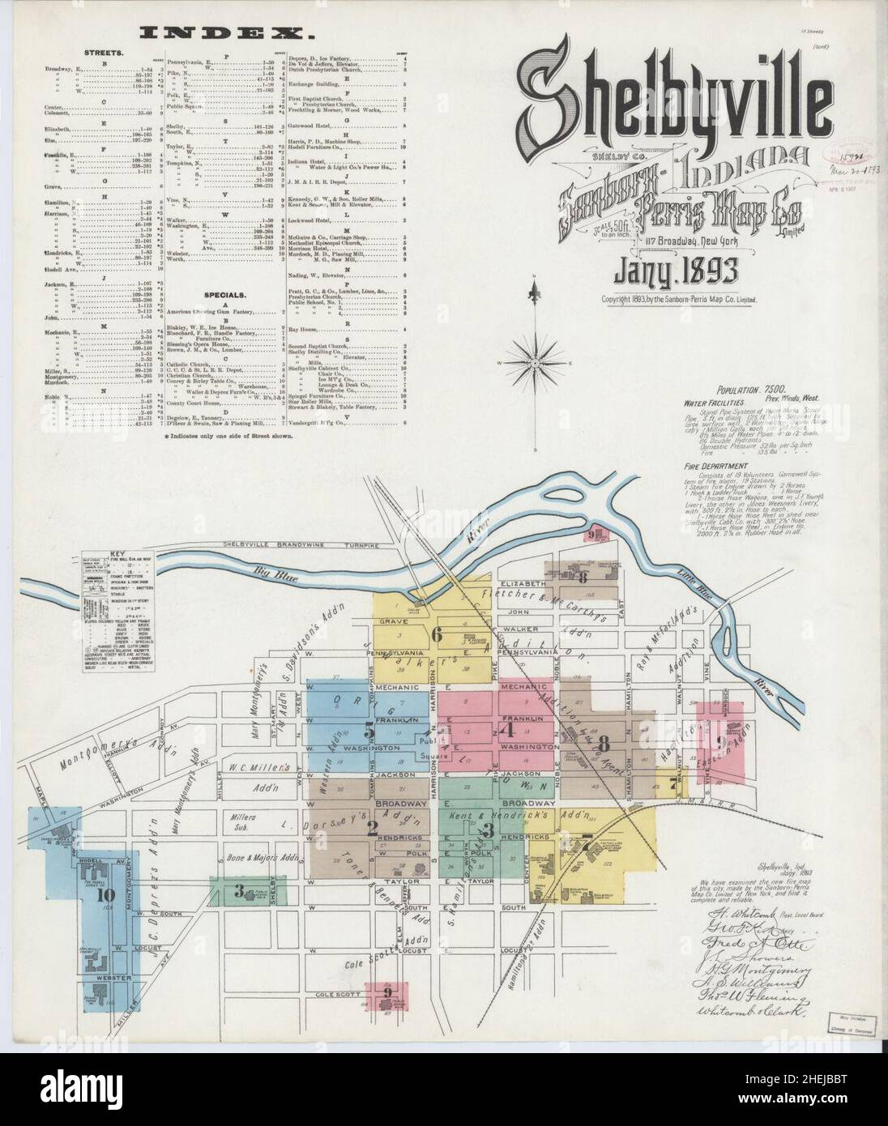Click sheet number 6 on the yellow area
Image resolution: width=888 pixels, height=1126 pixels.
437,636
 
